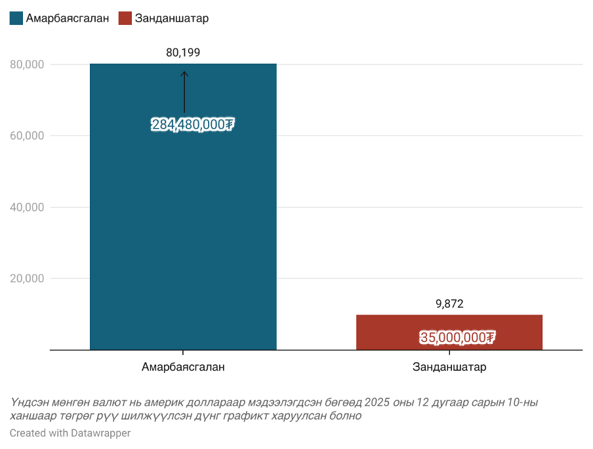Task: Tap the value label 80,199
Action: coord(183,53)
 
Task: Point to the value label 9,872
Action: coord(449,304)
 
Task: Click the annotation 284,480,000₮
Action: coord(193,125)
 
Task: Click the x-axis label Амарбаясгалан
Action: coord(183,367)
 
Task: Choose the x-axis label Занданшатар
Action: coord(449,367)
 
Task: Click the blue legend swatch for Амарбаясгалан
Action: coord(16,18)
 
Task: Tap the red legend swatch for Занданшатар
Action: coord(125,18)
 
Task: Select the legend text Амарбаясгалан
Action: coord(67,18)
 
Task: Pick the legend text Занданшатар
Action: coord(172,18)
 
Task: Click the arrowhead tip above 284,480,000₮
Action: coord(184,72)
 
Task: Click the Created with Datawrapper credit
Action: coord(70,433)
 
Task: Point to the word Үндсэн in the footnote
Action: coord(28,402)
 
